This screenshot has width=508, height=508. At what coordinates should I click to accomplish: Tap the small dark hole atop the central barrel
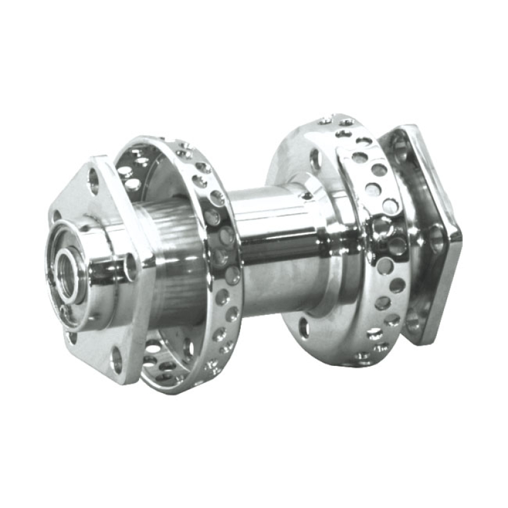307,196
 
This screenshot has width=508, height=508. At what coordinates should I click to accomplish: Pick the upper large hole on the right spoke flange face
316,159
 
